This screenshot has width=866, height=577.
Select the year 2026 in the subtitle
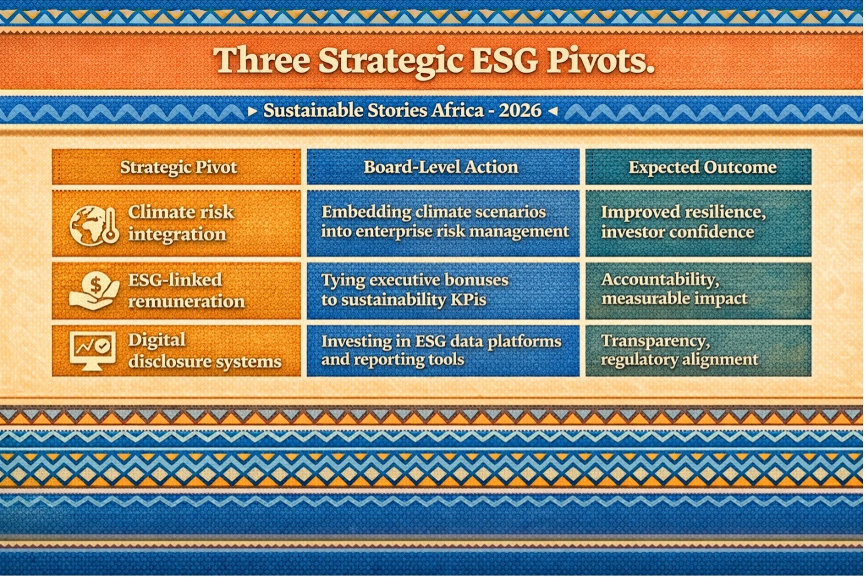pos(520,111)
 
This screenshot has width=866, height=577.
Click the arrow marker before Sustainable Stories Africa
pos(252,111)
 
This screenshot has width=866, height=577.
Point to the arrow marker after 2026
pos(553,111)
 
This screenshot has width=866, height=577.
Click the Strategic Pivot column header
pos(178,167)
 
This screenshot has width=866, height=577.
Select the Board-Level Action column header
pos(441,167)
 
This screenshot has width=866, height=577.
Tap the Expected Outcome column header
pos(703,167)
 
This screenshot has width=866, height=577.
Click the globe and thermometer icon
pos(94,226)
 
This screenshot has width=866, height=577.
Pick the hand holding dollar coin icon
pos(94,291)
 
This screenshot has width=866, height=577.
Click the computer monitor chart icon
pos(93,351)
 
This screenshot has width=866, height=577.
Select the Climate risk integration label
pos(181,223)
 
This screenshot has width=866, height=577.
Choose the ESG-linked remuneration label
pos(186,290)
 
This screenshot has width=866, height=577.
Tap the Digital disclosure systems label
pos(205,350)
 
